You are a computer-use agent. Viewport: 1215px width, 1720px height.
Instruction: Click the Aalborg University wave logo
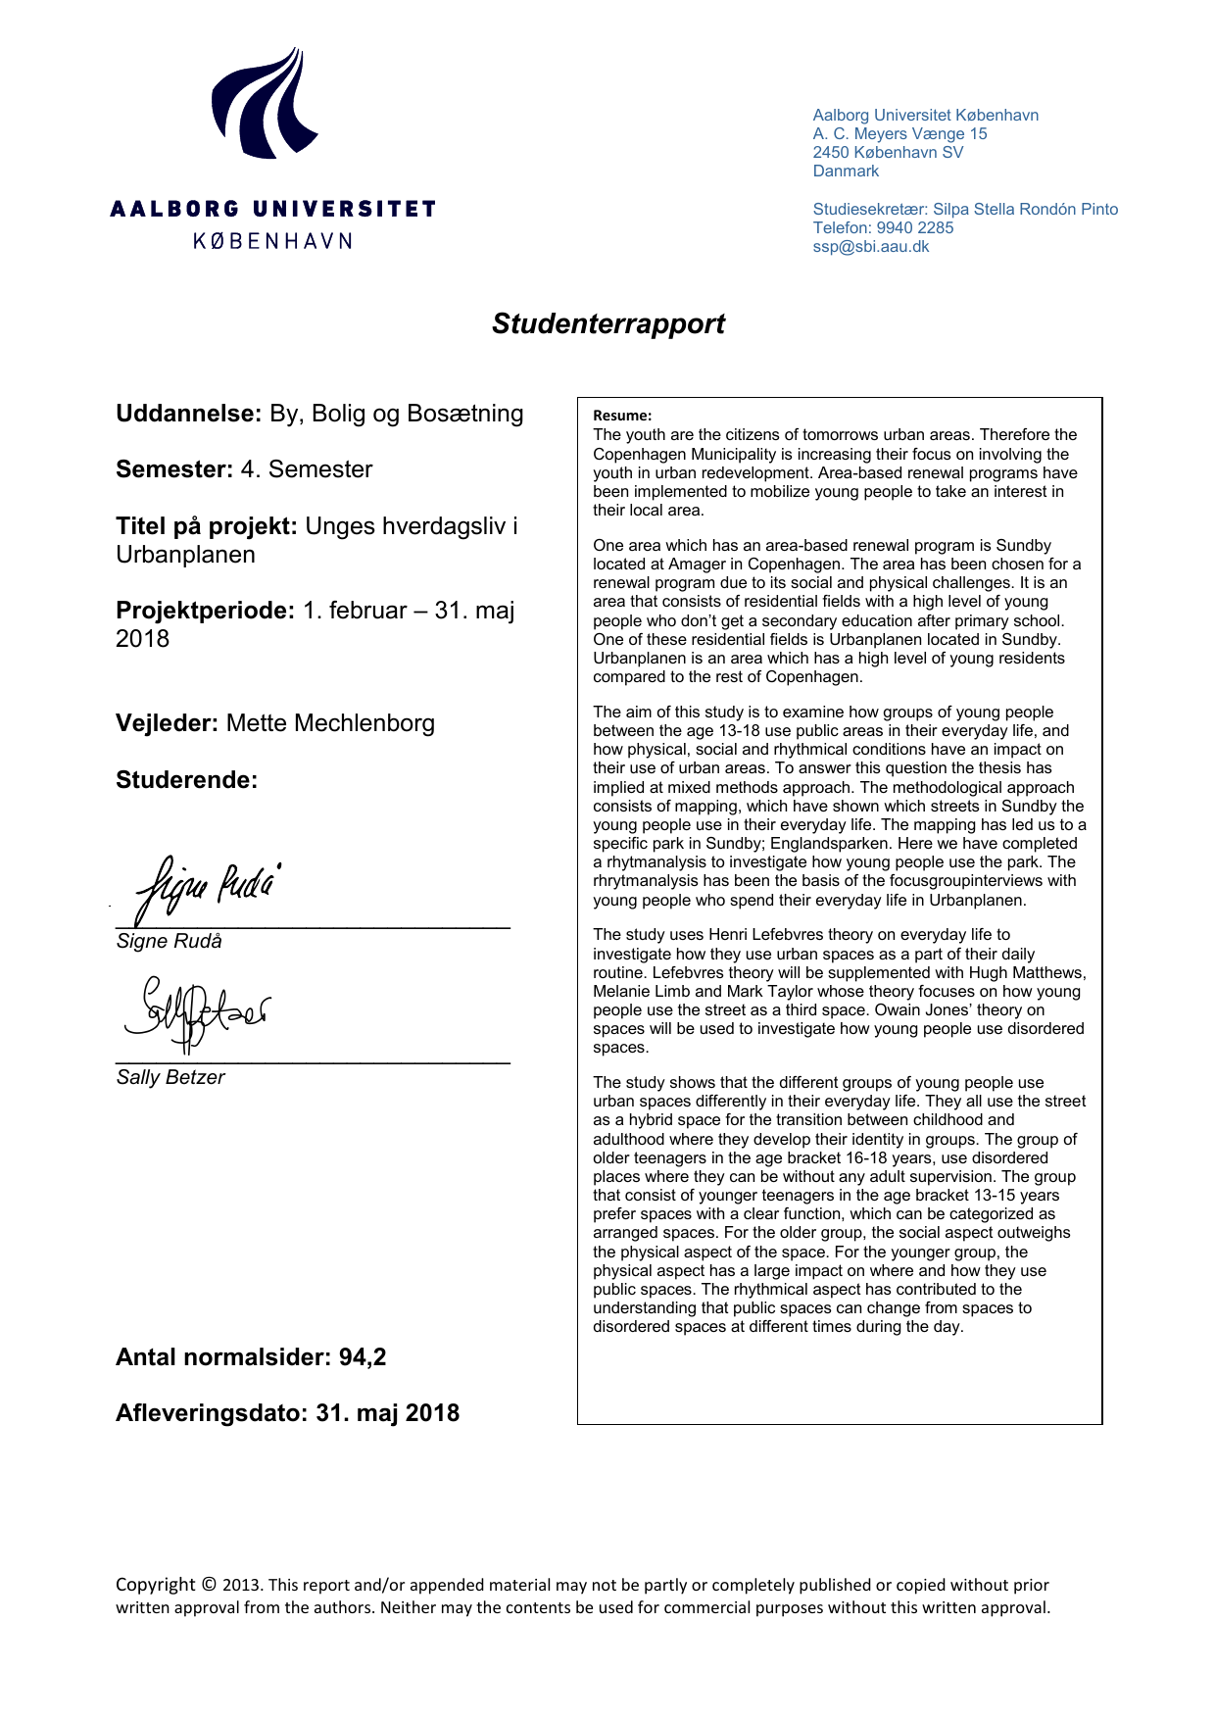(264, 104)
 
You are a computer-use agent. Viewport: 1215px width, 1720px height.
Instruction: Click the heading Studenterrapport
(607, 324)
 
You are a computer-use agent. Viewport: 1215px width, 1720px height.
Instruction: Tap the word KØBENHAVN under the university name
(272, 241)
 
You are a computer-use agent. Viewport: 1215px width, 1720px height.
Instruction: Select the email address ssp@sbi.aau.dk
(870, 247)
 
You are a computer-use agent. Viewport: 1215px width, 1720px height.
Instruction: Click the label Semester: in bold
(173, 469)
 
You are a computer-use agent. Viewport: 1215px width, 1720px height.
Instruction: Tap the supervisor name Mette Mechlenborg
(330, 723)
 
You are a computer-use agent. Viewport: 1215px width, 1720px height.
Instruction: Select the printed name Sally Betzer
(170, 1077)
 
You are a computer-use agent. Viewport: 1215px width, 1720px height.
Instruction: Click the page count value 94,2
(363, 1357)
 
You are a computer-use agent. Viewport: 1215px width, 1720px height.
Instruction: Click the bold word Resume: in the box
(622, 416)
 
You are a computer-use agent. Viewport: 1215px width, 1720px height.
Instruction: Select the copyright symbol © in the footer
(209, 1585)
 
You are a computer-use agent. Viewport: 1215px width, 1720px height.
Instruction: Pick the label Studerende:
(186, 780)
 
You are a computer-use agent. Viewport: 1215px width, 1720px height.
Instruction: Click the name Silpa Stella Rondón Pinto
(1025, 210)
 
